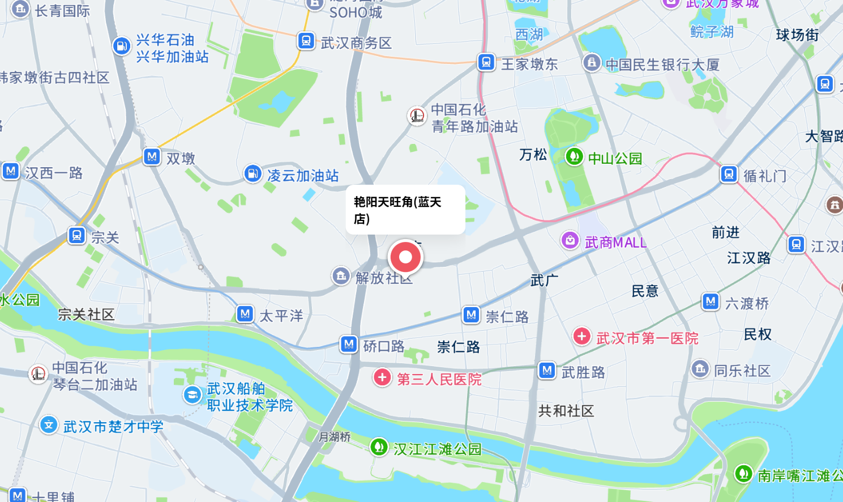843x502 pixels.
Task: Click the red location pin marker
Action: pos(405,257)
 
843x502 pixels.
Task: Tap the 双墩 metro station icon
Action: pos(152,156)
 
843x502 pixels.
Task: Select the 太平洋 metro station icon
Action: pos(245,313)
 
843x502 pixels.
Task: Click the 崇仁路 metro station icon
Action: pos(471,314)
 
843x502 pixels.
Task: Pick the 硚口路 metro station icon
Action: pos(349,344)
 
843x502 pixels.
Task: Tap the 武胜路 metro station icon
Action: pos(546,371)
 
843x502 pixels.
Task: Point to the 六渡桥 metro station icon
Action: pos(711,301)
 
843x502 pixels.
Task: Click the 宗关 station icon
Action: pos(76,235)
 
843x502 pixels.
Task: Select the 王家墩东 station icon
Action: pos(486,62)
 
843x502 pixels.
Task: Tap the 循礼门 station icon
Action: pos(729,174)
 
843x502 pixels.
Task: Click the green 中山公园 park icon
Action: pos(574,156)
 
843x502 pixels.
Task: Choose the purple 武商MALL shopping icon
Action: pos(570,241)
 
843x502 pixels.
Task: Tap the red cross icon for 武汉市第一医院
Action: pos(581,336)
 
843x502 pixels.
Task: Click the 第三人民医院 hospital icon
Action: pos(382,377)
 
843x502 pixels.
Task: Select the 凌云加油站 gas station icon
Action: pos(252,173)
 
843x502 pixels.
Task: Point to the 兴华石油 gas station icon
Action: pos(121,46)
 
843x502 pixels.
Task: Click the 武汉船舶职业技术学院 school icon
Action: pos(192,395)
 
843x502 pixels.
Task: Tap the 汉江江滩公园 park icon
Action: pos(378,447)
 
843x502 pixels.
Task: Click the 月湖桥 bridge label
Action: pos(335,437)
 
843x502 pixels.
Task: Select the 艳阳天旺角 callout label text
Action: pos(397,210)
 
